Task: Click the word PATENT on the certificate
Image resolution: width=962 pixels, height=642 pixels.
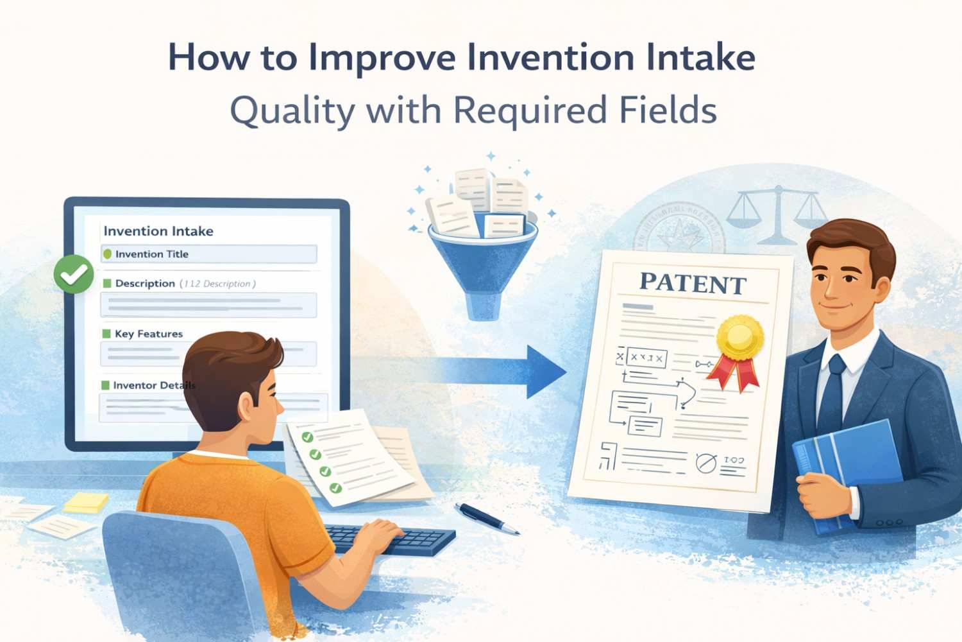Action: click(693, 283)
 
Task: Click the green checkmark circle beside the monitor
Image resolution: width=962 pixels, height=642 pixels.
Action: click(74, 274)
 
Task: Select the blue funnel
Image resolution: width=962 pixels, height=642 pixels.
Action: click(482, 263)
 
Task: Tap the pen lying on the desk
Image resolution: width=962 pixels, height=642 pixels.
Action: click(486, 517)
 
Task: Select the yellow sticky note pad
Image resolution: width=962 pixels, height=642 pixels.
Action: click(87, 502)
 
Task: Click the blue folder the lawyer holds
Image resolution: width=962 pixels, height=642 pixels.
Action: click(847, 469)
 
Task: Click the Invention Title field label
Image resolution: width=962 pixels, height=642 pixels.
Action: click(151, 254)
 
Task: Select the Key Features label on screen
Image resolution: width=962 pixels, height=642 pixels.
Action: click(148, 334)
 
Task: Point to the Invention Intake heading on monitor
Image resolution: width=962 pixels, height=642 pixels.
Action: click(158, 231)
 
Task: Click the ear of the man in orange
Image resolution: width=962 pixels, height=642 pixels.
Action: click(247, 405)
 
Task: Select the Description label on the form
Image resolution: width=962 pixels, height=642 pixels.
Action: click(145, 283)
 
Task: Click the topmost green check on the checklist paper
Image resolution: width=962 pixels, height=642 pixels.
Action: click(307, 437)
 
